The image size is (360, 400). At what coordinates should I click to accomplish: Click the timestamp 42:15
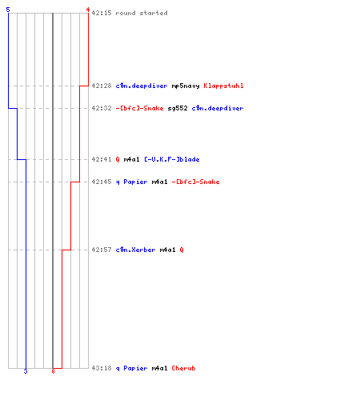(102, 13)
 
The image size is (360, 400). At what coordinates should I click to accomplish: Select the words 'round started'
(142, 13)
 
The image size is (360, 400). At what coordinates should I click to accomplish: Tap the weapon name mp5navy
(186, 86)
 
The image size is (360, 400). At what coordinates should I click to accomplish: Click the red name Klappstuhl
(223, 86)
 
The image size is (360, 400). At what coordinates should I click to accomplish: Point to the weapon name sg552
(178, 108)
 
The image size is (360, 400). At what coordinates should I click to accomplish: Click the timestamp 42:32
(102, 108)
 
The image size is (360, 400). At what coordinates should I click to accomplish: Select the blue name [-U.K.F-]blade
(172, 159)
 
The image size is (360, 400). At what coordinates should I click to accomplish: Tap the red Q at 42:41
(118, 159)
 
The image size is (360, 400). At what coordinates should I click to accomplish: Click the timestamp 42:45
(102, 182)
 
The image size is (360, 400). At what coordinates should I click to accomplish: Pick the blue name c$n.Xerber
(135, 250)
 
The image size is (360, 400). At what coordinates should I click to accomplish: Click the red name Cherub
(183, 368)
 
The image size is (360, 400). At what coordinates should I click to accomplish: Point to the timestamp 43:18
(102, 368)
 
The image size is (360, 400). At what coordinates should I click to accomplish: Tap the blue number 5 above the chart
(8, 10)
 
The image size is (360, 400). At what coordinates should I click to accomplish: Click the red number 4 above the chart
(88, 10)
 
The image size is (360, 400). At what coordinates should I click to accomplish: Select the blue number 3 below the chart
(26, 371)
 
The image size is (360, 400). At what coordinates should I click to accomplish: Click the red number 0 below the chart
(53, 371)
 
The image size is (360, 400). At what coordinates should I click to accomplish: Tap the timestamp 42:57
(102, 250)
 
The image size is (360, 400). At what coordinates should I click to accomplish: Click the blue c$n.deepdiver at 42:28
(142, 86)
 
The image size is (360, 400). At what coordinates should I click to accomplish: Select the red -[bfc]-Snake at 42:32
(139, 108)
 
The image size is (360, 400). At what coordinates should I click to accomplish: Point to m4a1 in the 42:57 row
(167, 250)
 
